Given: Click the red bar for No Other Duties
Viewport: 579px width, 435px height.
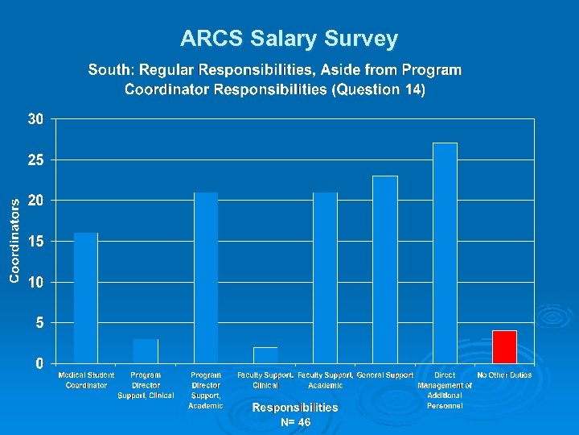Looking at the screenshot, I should pyautogui.click(x=504, y=347).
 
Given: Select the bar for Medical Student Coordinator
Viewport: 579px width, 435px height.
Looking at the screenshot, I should pyautogui.click(x=86, y=298).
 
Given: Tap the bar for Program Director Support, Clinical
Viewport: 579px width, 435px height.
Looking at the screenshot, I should pyautogui.click(x=146, y=351).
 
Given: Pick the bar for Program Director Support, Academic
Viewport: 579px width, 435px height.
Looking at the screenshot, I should pyautogui.click(x=206, y=278).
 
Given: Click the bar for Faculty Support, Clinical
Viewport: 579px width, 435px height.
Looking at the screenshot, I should pyautogui.click(x=265, y=355).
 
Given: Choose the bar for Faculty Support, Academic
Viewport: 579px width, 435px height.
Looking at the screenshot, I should pyautogui.click(x=325, y=278).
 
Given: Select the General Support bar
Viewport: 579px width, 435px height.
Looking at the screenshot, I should pyautogui.click(x=385, y=270).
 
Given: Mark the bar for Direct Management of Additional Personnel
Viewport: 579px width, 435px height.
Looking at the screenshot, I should pyautogui.click(x=445, y=253).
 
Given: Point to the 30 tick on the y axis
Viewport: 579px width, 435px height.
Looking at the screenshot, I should pyautogui.click(x=35, y=119).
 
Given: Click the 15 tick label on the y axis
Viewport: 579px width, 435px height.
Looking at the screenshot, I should pyautogui.click(x=35, y=242).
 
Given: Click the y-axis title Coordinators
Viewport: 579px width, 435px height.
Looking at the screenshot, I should pyautogui.click(x=14, y=240).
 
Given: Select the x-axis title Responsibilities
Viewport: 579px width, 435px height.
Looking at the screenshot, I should pyautogui.click(x=295, y=408).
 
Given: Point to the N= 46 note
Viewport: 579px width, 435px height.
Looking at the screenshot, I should pyautogui.click(x=295, y=422).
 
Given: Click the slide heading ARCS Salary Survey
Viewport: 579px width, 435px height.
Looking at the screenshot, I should pyautogui.click(x=289, y=39).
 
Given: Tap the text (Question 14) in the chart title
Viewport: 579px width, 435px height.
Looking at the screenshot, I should pyautogui.click(x=378, y=89).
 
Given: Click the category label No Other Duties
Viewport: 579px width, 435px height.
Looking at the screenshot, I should pyautogui.click(x=504, y=375).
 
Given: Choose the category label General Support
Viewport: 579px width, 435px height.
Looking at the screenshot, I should pyautogui.click(x=385, y=375).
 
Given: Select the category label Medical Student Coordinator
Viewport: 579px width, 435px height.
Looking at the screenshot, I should pyautogui.click(x=86, y=380).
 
